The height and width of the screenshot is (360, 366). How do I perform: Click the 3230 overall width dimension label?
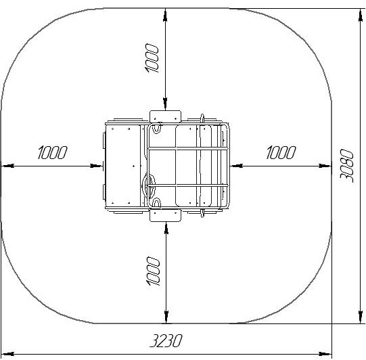(x=166, y=340)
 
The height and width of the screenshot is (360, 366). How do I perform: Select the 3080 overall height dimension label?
(x=346, y=166)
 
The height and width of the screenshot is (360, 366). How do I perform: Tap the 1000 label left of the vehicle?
(x=52, y=153)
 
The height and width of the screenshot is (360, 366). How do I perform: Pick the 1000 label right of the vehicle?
(x=281, y=153)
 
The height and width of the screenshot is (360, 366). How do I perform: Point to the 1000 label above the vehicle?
(x=152, y=58)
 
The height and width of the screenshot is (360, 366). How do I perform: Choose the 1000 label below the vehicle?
(x=153, y=271)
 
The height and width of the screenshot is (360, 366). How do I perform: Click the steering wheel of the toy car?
(x=149, y=185)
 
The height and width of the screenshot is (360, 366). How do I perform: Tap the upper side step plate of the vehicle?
(x=165, y=116)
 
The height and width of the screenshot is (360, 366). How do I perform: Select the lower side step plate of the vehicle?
(x=165, y=215)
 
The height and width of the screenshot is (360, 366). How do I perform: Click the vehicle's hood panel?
(x=123, y=166)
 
